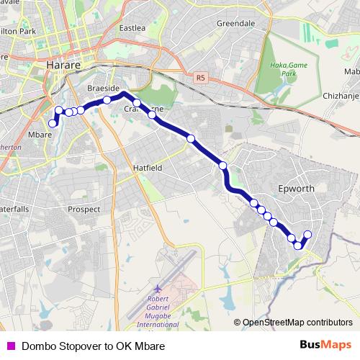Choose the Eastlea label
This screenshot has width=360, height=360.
(x=132, y=29)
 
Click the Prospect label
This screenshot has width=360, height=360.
(x=84, y=209)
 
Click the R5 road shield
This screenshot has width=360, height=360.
(x=199, y=76)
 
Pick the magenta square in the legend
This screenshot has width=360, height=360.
(x=9, y=346)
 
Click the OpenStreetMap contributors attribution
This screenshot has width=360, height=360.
(x=297, y=323)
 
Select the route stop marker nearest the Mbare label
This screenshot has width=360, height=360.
(x=53, y=124)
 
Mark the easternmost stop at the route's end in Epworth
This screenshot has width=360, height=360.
(x=308, y=234)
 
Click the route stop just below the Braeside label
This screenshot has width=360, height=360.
(x=107, y=100)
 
